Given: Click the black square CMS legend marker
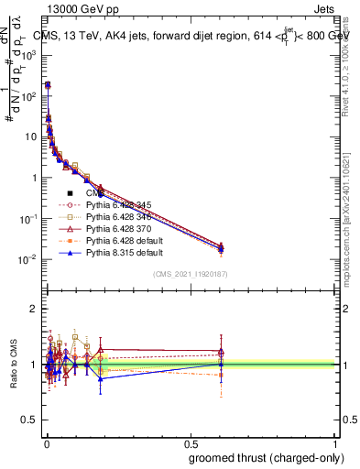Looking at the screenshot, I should pyautogui.click(x=70, y=193).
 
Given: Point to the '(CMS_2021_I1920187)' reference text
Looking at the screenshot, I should pyautogui.click(x=190, y=274).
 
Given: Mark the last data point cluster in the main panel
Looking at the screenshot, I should pyautogui.click(x=220, y=246).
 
